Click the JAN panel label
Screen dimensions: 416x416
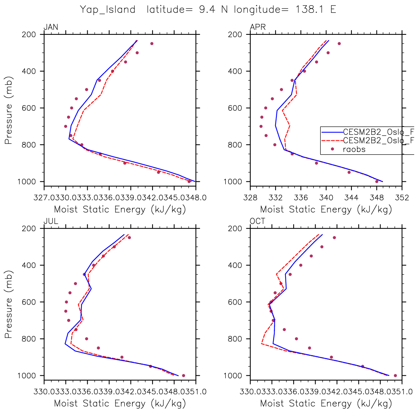point(51,27)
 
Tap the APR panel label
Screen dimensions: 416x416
point(258,27)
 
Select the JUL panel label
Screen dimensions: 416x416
point(51,221)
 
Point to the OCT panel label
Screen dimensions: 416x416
point(258,221)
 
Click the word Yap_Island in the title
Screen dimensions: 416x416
point(108,10)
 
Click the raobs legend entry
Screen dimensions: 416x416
point(354,149)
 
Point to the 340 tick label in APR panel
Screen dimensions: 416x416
point(326,198)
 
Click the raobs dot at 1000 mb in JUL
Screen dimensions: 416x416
point(183,375)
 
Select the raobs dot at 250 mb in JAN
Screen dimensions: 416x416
point(152,44)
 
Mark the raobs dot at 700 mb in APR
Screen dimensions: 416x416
point(261,126)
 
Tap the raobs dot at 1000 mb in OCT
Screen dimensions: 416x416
point(395,375)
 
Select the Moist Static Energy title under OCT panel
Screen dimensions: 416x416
point(326,404)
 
